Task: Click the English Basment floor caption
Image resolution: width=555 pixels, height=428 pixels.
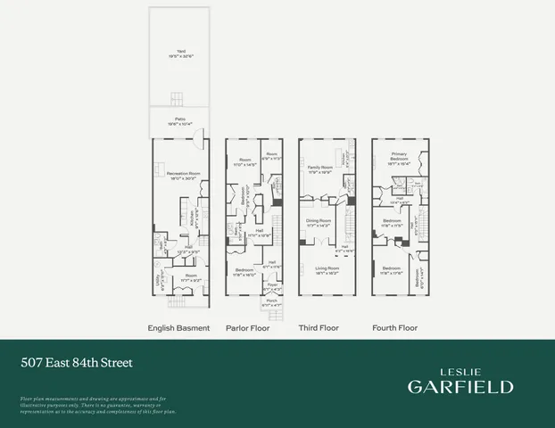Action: (x=178, y=328)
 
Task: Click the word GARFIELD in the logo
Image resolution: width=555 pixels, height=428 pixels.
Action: (x=460, y=386)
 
